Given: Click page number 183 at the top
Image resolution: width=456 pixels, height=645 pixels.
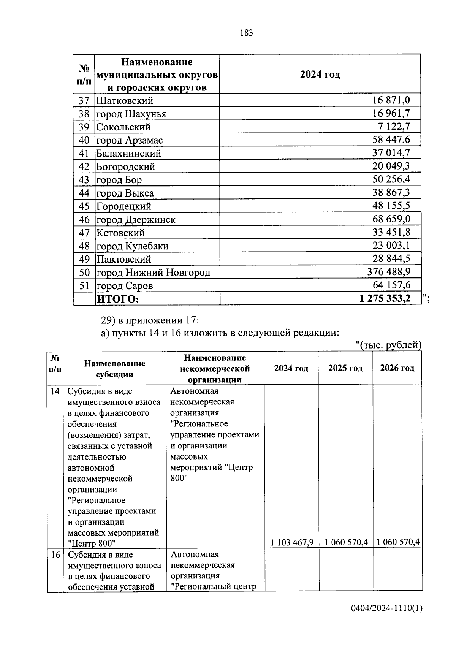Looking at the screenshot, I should pos(246,33).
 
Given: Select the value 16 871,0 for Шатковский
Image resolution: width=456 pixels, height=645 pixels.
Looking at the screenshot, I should pos(391,100).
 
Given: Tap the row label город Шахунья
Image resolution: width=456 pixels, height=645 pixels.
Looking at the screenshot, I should pos(131,114).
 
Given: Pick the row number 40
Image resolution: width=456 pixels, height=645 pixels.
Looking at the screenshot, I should pos(84,140).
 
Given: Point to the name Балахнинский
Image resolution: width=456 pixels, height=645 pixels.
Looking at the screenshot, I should pos(128,154).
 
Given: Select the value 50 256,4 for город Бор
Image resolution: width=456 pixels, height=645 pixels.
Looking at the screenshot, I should pos(391,179).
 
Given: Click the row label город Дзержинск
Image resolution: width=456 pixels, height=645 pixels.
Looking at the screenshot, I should pos(136,220).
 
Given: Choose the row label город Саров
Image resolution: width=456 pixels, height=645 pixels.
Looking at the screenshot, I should pos(125,286).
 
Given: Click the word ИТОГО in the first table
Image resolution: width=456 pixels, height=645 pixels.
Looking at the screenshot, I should pos(118,299).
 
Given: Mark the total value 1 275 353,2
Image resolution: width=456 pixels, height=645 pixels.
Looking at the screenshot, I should pos(385,299).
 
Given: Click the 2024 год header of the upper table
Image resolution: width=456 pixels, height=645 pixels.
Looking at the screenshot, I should pos(320,74).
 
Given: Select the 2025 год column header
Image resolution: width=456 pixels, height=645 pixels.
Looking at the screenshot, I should pos(345,368).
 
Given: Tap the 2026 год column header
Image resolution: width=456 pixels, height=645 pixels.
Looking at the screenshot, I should pos(397,368).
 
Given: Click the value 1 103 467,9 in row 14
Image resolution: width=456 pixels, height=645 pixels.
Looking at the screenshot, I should pos(292,542).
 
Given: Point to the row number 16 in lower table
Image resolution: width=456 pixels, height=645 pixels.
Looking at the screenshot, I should pos(55,555).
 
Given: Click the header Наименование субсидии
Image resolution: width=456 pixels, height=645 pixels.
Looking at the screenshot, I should pos(114,369).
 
